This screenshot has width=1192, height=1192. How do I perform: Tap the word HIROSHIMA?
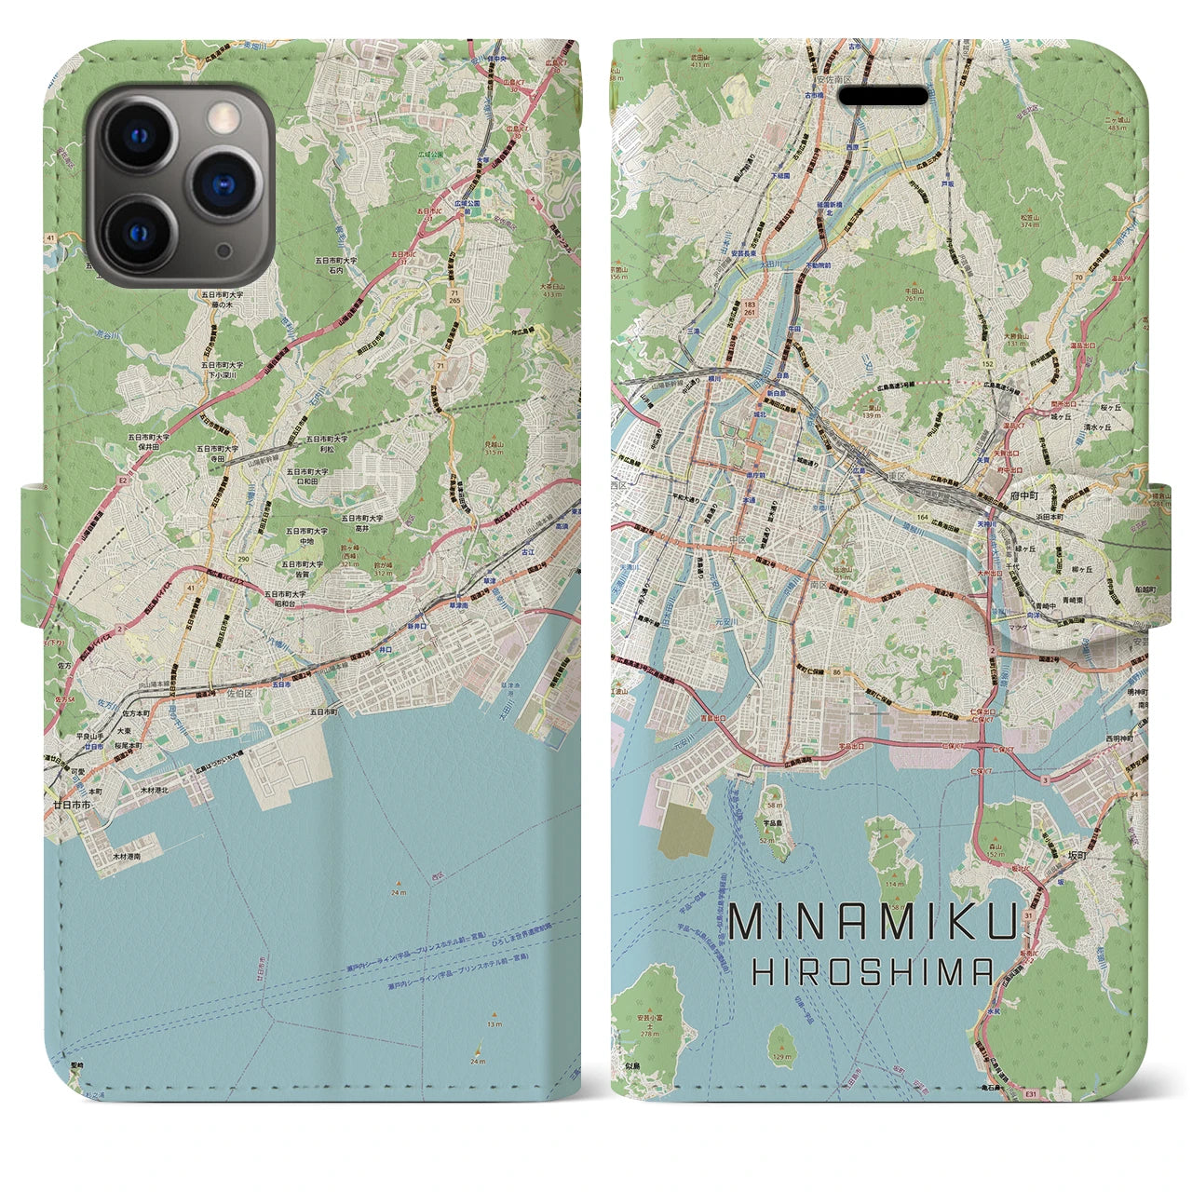coord(873,973)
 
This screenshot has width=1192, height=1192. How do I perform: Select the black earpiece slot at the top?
coord(884,97)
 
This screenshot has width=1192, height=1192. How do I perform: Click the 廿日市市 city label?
coord(72,803)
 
